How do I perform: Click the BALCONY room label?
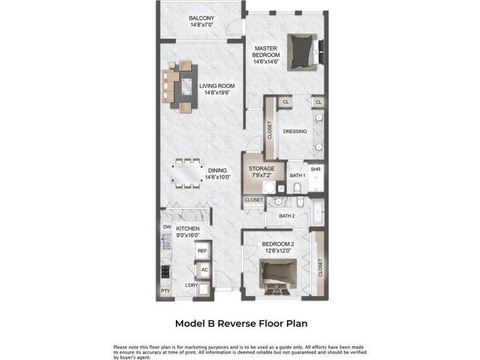201,18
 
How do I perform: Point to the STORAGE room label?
262,169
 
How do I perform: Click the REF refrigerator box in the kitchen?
202,251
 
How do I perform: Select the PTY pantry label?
165,291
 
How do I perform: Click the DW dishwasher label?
167,227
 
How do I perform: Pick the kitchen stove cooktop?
166,271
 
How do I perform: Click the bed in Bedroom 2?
278,277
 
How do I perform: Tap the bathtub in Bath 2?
318,212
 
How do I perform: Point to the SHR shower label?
315,169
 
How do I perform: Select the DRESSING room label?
295,131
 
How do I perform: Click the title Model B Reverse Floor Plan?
241,323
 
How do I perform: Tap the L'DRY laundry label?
191,285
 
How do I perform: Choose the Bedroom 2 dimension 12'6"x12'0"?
278,250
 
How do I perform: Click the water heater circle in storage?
269,187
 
